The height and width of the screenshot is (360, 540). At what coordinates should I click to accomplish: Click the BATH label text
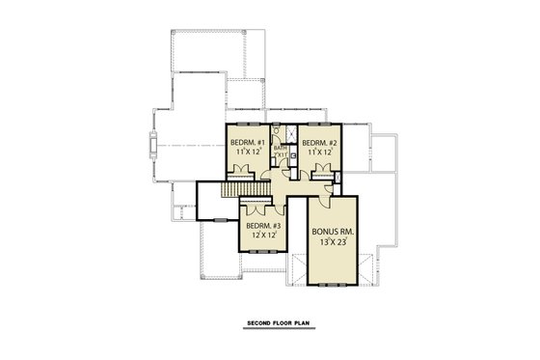281,148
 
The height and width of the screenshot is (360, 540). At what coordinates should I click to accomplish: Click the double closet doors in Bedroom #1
242,172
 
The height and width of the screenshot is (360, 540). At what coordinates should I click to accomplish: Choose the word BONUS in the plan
322,232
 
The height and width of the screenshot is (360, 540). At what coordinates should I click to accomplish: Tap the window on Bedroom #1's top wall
248,124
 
